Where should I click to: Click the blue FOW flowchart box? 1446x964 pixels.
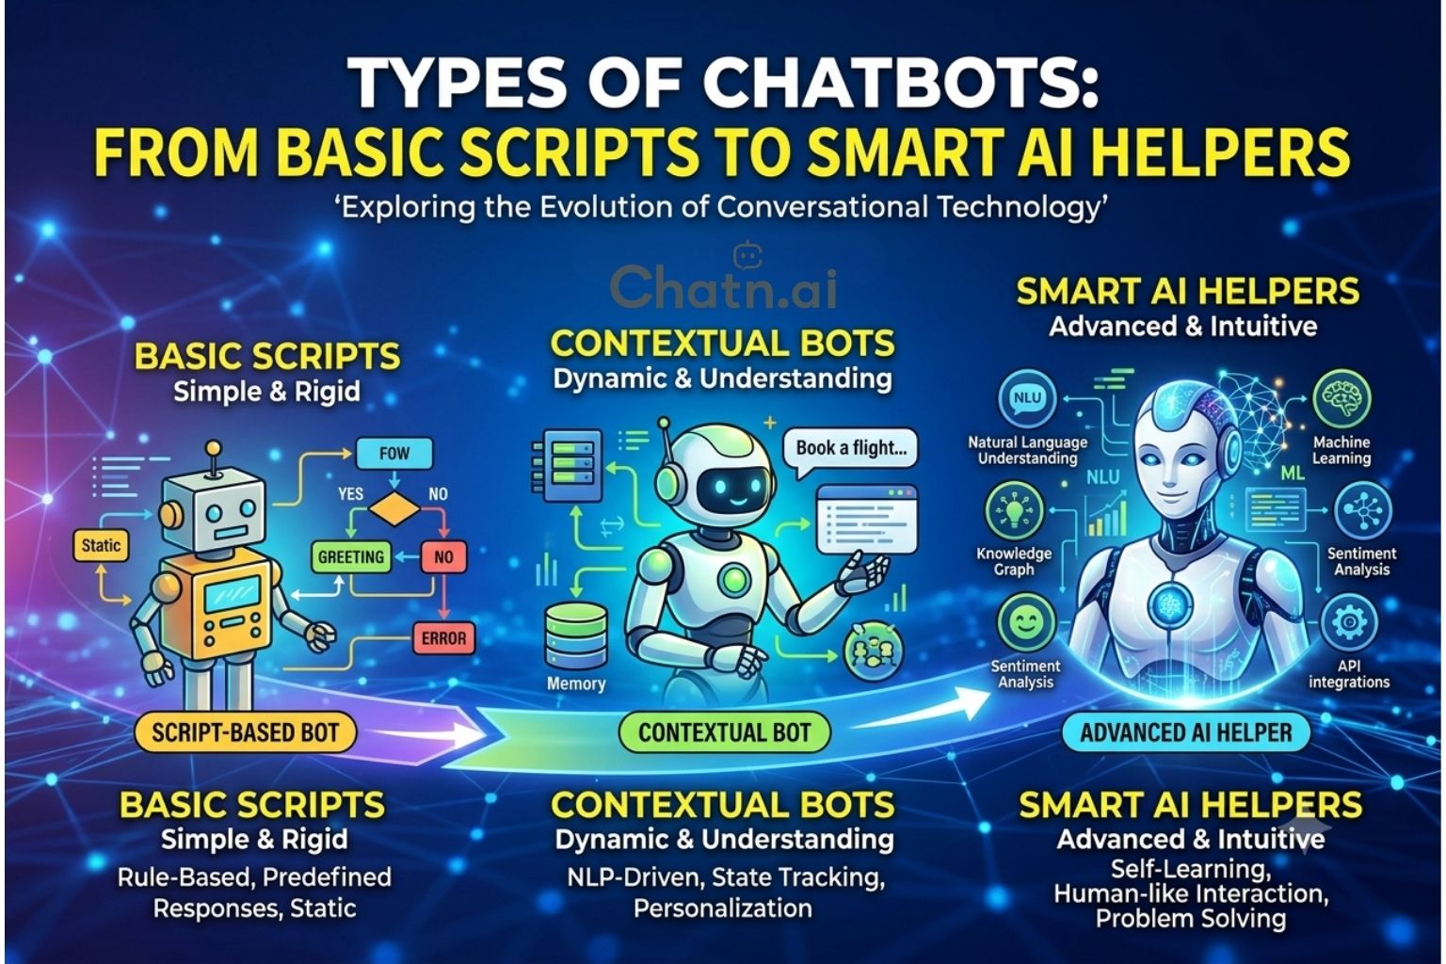coord(394,453)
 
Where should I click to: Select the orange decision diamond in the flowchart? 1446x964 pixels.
coord(394,508)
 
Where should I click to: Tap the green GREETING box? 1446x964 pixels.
coord(350,556)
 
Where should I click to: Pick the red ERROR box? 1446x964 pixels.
coord(443,638)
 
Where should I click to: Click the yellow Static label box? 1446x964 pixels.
coord(101,546)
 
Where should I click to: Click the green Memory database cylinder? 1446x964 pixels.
coord(576,636)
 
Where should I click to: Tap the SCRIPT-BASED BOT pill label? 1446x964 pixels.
coord(245,732)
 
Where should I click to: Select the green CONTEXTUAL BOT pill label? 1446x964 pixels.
coord(724,732)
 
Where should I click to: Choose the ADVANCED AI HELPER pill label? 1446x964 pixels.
coord(1186,732)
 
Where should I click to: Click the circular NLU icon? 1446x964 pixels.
coord(1027,398)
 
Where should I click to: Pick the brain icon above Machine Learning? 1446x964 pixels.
coord(1342,398)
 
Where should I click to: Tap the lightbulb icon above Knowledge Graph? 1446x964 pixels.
coord(1014,511)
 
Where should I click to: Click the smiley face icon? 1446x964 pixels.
coord(1026,621)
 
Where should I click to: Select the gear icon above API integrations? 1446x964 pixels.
coord(1348,622)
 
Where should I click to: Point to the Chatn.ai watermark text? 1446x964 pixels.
coord(724,287)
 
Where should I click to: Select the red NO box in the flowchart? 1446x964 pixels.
coord(443,556)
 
